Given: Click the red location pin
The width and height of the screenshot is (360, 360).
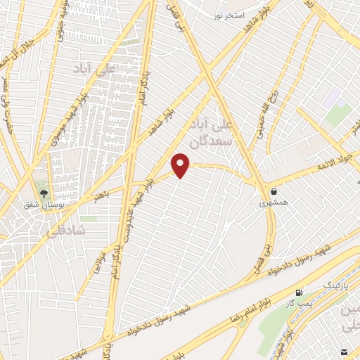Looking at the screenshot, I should click(x=181, y=165).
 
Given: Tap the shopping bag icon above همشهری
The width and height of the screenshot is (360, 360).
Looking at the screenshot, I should click(x=274, y=191).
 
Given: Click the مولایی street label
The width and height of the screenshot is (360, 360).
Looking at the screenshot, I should click(x=101, y=252).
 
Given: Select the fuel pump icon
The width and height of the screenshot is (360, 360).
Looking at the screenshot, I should click(x=300, y=292).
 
